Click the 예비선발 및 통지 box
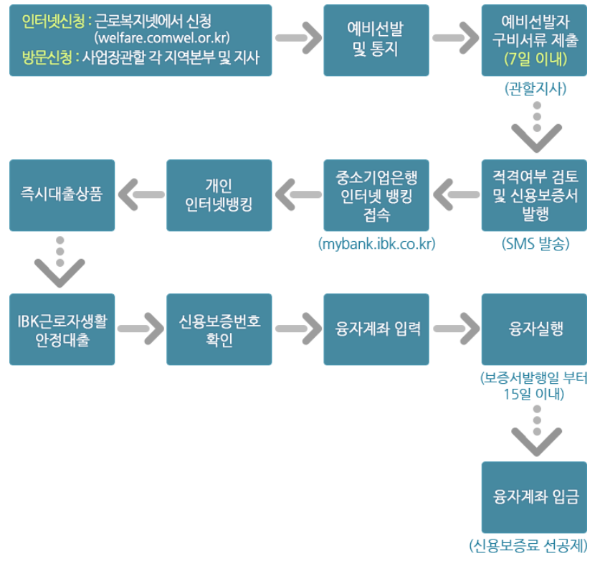377,40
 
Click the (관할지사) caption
535,89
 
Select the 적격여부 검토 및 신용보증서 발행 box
535,195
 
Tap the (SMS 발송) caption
535,244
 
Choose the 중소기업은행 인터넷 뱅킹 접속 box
377,195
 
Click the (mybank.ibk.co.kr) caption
377,244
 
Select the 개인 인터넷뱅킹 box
219,195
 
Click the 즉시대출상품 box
62,195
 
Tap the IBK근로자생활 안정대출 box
62,329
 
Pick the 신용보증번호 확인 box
219,329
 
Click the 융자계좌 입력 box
377,329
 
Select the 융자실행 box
535,329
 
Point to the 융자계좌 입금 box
535,496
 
